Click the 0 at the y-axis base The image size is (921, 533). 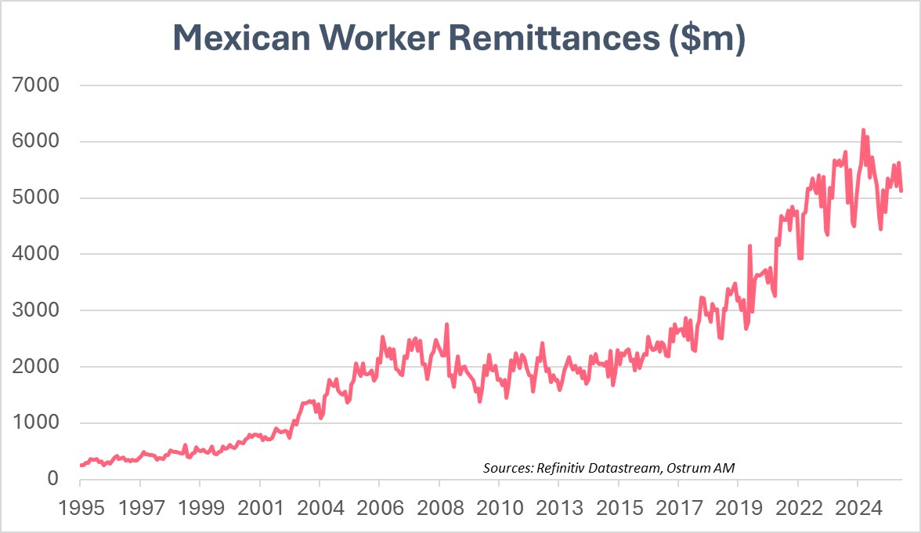pyautogui.click(x=53, y=479)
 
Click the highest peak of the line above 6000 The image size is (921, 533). pyautogui.click(x=863, y=130)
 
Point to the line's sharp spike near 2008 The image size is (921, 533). pyautogui.click(x=446, y=325)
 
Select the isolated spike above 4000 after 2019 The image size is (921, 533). pyautogui.click(x=749, y=246)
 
